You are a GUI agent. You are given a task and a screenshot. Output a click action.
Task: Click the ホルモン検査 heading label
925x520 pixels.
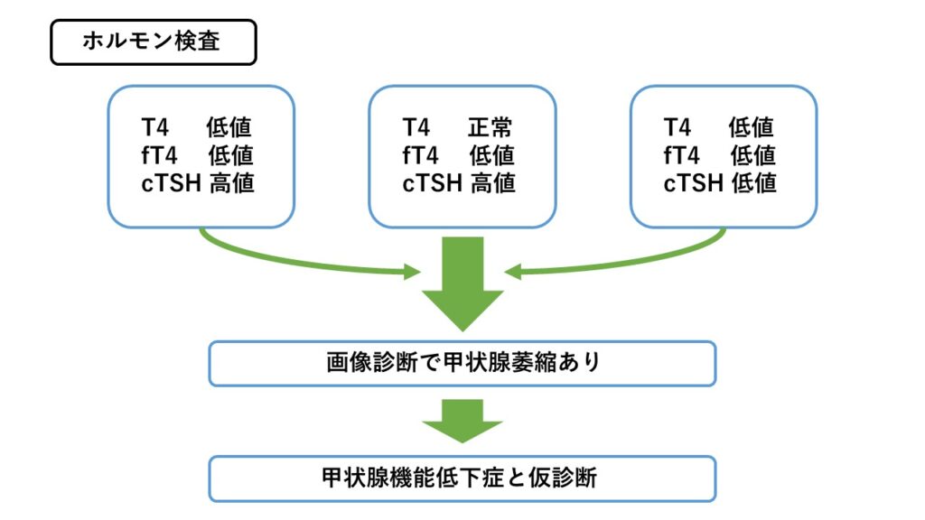(152, 42)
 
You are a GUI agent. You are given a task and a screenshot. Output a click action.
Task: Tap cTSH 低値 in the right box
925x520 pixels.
(720, 183)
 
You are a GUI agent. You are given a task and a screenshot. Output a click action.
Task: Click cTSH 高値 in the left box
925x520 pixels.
(198, 183)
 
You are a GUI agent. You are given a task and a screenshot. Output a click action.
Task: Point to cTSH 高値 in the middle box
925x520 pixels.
(459, 183)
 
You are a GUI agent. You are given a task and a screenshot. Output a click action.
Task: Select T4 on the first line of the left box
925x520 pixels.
(154, 128)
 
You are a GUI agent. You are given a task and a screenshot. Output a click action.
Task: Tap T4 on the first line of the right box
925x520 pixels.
(677, 128)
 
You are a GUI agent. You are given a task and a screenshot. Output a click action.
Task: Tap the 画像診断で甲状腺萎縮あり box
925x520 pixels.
(462, 363)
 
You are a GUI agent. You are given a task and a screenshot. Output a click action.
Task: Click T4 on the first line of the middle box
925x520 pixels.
(416, 128)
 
